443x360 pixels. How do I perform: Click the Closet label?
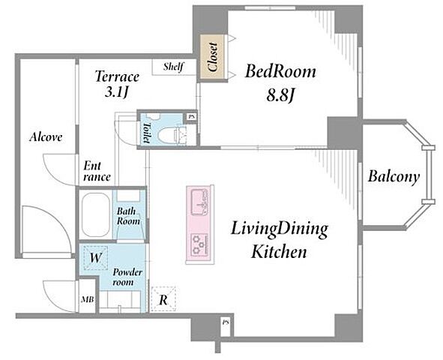[212, 56]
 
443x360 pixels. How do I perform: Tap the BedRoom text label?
[280, 71]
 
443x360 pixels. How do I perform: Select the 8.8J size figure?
[280, 96]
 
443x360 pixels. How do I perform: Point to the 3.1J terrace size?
[117, 92]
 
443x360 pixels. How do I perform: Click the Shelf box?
[174, 67]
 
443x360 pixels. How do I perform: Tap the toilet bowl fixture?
[169, 135]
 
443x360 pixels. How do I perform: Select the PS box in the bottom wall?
[225, 322]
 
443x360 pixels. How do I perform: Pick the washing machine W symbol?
[95, 258]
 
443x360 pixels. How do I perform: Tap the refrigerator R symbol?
[163, 299]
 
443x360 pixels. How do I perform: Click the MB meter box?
[87, 299]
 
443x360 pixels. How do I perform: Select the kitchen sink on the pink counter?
[199, 203]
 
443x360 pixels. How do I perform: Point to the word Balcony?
[394, 177]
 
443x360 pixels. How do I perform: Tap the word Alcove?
[46, 137]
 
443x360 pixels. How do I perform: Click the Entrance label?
[97, 172]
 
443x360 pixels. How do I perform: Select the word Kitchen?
[279, 251]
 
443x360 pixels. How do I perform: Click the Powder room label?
[127, 277]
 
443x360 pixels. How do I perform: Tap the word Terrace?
[117, 76]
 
